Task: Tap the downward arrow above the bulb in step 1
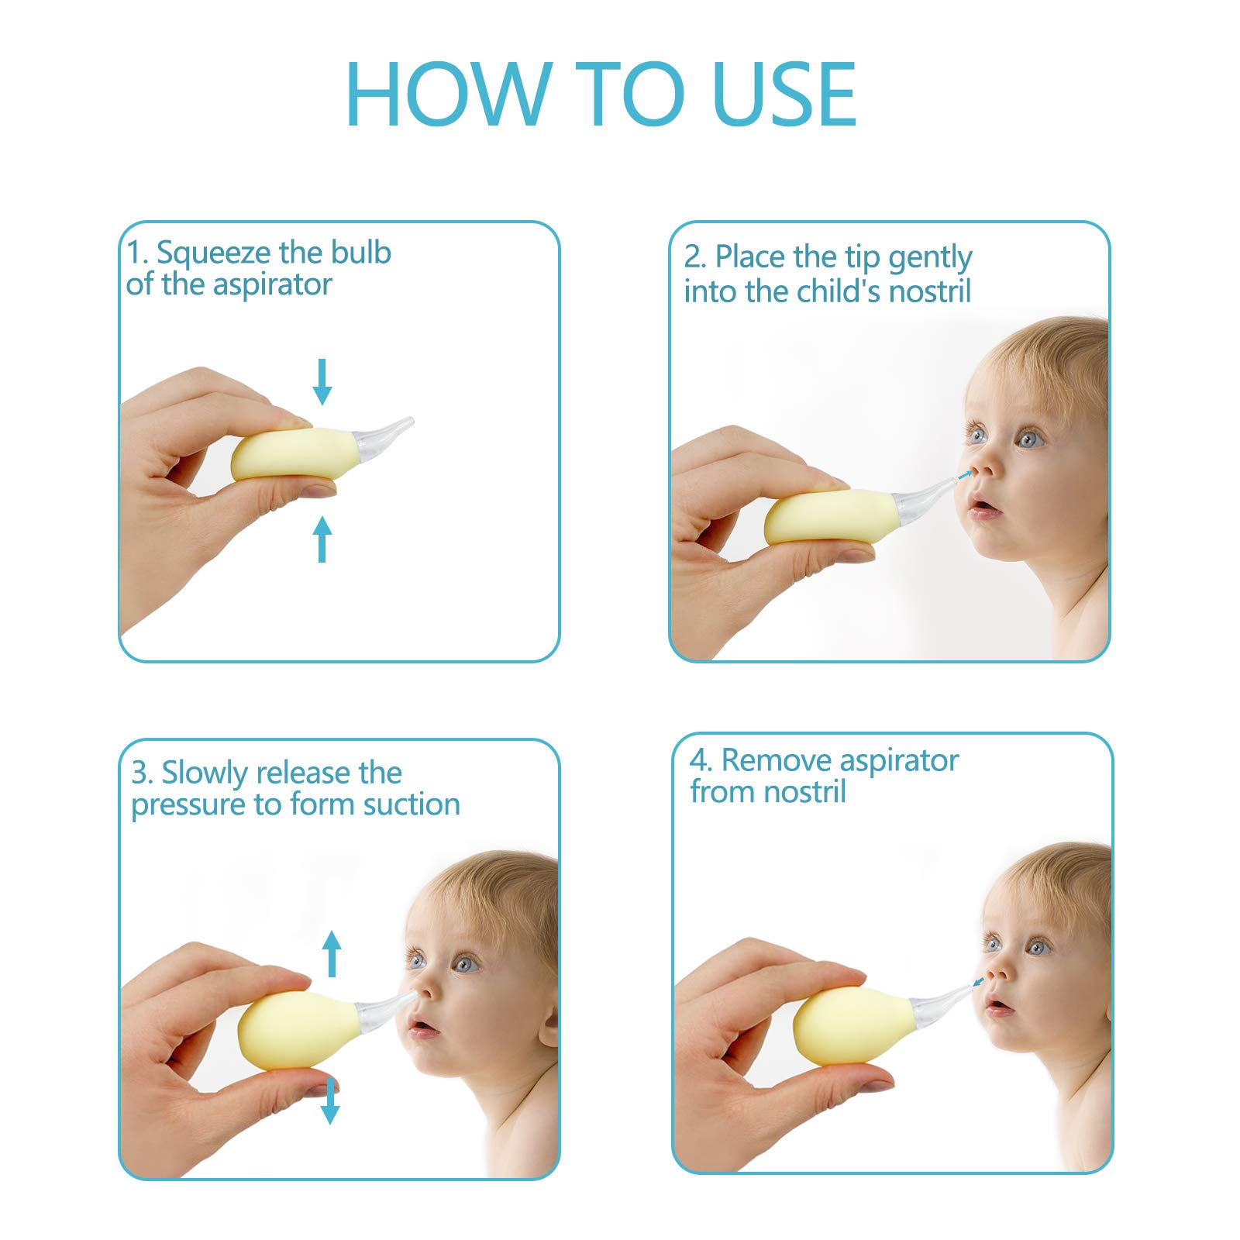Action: pos(322,381)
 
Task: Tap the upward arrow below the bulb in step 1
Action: pos(322,539)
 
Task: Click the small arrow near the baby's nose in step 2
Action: pos(963,474)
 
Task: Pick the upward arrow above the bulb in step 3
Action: pos(332,953)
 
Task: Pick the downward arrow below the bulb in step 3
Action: pos(330,1100)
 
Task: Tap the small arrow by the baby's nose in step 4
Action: pos(978,982)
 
